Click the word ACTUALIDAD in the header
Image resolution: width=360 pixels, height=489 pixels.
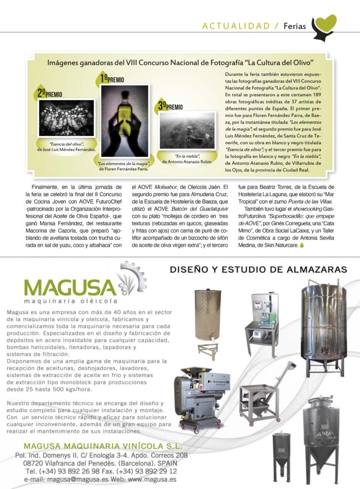point(236,26)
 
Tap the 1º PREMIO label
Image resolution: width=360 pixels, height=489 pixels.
point(113,79)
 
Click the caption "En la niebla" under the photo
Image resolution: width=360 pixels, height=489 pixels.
point(187,156)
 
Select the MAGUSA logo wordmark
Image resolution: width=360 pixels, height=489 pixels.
point(70,287)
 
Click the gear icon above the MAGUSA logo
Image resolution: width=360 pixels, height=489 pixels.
point(132,274)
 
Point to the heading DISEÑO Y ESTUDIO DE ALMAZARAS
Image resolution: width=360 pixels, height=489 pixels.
point(258,270)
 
